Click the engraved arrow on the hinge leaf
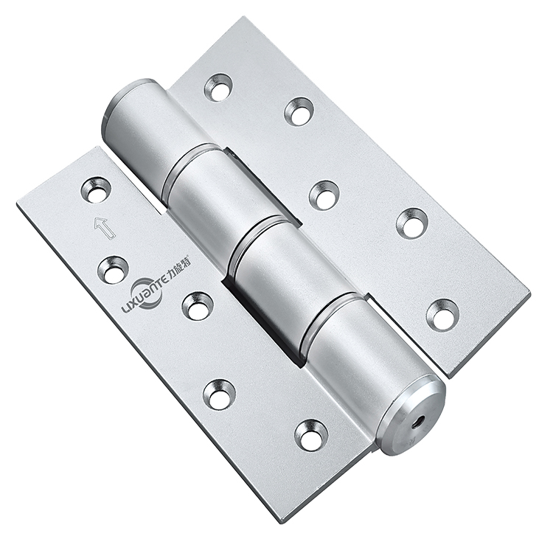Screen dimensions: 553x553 104,228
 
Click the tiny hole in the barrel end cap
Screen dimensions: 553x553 420,420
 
